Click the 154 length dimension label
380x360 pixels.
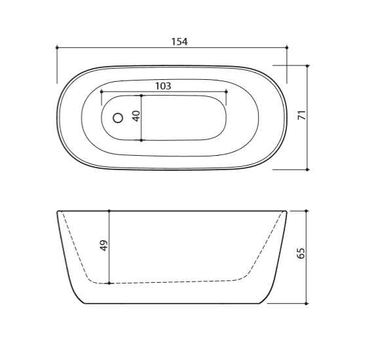point(180,42)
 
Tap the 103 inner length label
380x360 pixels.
point(163,86)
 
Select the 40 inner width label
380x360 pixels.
point(136,116)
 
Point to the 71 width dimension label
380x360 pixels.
point(302,115)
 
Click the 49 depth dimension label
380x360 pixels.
point(104,245)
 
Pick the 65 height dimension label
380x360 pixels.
point(301,253)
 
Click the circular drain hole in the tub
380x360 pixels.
point(118,118)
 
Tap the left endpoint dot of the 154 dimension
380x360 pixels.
point(57,48)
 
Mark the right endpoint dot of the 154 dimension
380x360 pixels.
point(287,48)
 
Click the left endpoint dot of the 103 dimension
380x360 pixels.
point(102,92)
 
